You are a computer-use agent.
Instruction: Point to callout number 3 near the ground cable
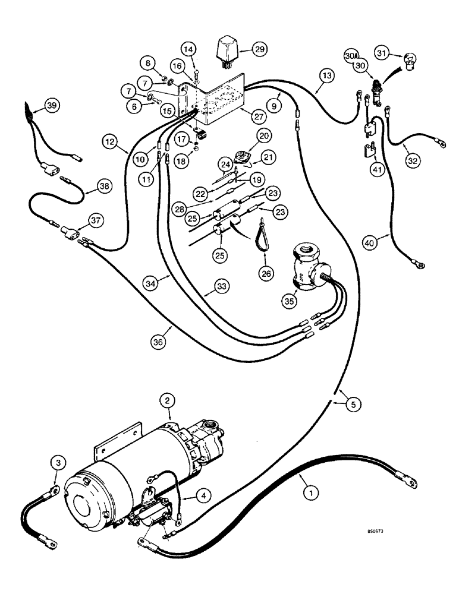point(56,461)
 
